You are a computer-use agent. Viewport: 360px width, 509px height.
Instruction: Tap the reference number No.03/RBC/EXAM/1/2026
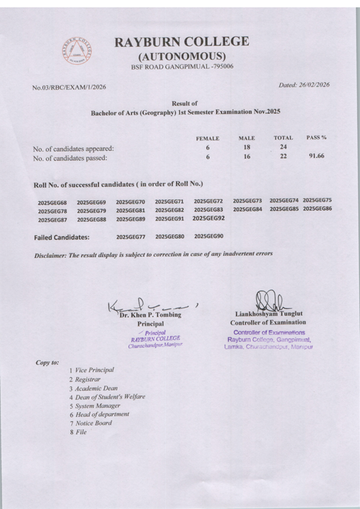point(69,88)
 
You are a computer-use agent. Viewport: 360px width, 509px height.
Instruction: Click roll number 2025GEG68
point(53,203)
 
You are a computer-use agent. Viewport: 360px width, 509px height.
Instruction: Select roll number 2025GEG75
point(317,200)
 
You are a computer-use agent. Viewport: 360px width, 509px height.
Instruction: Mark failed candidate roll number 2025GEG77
point(131,237)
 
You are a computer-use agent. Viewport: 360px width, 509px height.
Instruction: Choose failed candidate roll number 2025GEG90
point(209,236)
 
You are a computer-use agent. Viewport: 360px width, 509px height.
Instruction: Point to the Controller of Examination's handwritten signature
point(263,300)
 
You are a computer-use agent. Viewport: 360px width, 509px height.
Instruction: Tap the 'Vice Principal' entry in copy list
point(94,371)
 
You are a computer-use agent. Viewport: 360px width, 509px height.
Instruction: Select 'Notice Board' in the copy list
point(93,423)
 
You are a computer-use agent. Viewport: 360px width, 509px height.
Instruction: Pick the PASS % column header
point(316,138)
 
